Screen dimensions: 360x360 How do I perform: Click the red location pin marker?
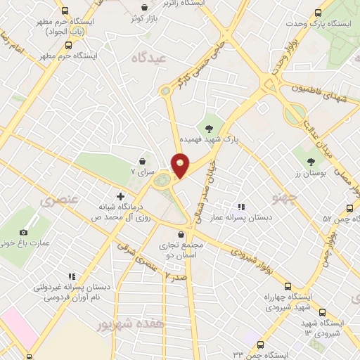point(181,167)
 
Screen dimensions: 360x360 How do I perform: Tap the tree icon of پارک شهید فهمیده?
point(208,128)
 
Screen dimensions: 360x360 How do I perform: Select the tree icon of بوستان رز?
point(311,162)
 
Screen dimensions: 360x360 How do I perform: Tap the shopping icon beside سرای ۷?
point(142,160)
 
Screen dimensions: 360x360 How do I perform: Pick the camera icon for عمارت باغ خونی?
point(23,232)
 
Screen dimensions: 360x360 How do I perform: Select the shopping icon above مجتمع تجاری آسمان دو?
point(181,234)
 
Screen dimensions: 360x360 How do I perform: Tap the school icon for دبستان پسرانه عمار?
point(241,207)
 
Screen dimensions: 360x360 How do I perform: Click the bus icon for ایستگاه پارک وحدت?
point(318,12)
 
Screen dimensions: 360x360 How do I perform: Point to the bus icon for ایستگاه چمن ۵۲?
point(349,208)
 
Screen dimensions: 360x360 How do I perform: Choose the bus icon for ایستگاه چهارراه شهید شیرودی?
point(287,285)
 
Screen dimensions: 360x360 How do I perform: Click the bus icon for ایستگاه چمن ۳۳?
point(261,345)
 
